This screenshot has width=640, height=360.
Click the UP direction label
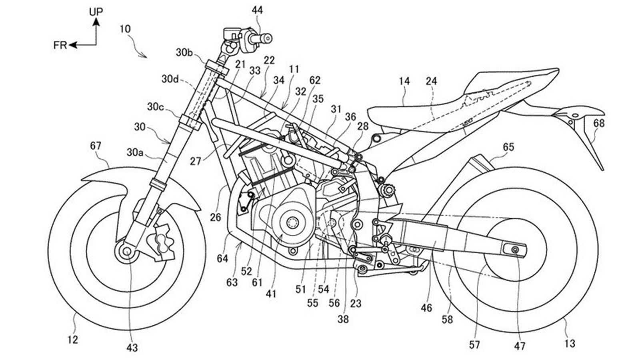coord(96,12)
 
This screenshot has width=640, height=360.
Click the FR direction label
coord(60,45)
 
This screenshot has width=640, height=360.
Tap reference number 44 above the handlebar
coord(257,10)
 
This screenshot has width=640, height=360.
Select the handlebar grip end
coord(268,38)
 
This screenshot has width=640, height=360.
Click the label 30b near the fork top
coord(184,52)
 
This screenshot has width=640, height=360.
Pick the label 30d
coord(170,79)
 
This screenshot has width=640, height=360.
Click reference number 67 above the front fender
coord(96,146)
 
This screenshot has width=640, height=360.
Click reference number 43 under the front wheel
coord(132,348)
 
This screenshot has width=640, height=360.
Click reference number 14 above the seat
coord(404,81)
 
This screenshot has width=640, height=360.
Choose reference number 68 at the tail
coord(599,123)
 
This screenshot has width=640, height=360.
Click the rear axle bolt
coord(515,250)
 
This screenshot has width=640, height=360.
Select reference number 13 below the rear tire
coord(570,343)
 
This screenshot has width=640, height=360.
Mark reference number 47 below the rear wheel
coord(520,346)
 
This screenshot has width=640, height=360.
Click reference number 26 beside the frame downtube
coord(216,218)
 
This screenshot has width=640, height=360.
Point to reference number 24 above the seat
coord(432,81)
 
